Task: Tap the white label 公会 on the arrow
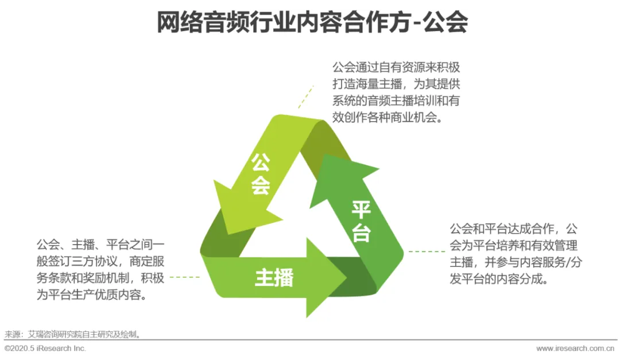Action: (261, 173)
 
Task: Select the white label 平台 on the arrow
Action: (361, 221)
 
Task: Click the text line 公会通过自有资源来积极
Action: (396, 66)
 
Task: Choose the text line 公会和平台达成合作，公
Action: (514, 229)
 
